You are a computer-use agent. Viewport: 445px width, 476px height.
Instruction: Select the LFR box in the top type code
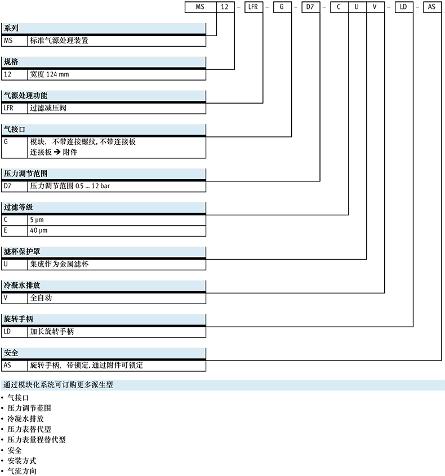[253, 7]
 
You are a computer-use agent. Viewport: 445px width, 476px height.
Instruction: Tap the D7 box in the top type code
[310, 7]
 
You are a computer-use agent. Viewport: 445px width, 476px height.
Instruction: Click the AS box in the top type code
[431, 7]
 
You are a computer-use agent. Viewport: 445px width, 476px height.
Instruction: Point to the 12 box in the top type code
[226, 7]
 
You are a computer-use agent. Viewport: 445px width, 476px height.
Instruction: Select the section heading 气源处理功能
[25, 96]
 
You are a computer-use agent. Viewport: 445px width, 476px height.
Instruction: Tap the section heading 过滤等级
[18, 208]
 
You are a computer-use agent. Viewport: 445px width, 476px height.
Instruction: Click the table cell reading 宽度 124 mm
[50, 74]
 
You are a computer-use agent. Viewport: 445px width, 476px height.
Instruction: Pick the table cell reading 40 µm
[39, 231]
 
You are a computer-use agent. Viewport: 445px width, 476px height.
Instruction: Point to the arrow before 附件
[57, 152]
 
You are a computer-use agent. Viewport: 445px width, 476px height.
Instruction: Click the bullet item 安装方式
[22, 460]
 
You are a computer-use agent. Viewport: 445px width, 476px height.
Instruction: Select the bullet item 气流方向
[22, 470]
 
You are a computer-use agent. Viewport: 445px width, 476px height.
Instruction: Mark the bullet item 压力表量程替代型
[37, 439]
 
